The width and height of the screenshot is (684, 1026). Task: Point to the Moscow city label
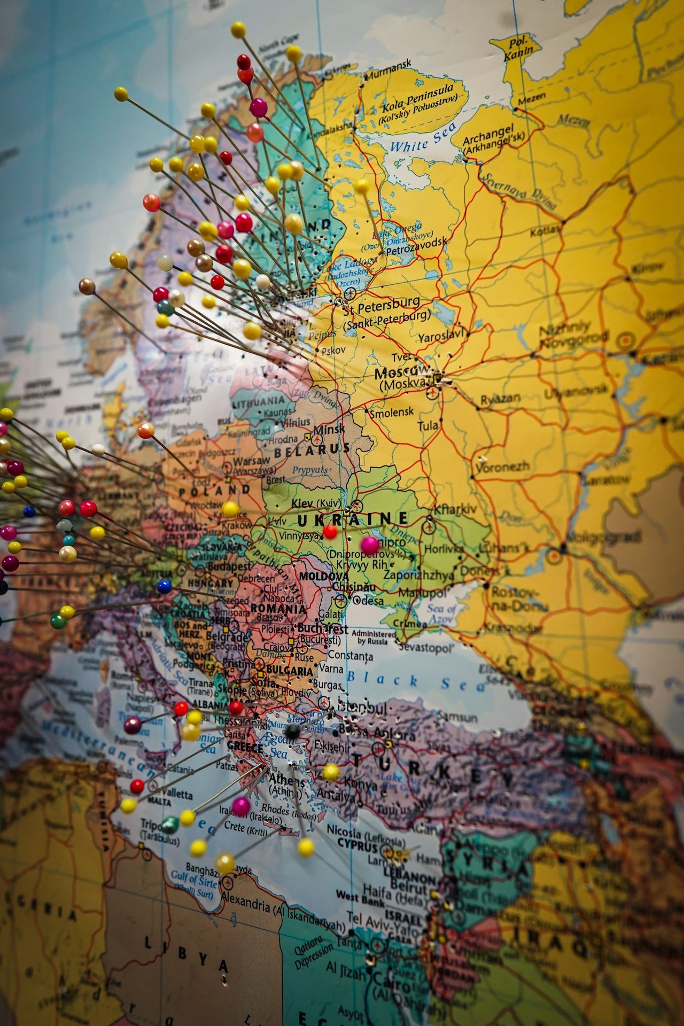coord(401,372)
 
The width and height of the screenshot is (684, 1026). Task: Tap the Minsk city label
coord(329,429)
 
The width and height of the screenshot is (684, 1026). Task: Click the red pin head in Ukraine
coord(330,532)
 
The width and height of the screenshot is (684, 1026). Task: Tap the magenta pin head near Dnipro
coord(369,545)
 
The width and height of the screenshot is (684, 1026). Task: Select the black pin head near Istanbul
coord(292,733)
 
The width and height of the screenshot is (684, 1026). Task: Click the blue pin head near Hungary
coord(165,587)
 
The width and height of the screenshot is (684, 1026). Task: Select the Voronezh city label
coord(502,467)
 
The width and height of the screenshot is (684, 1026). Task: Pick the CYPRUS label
coord(356,847)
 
